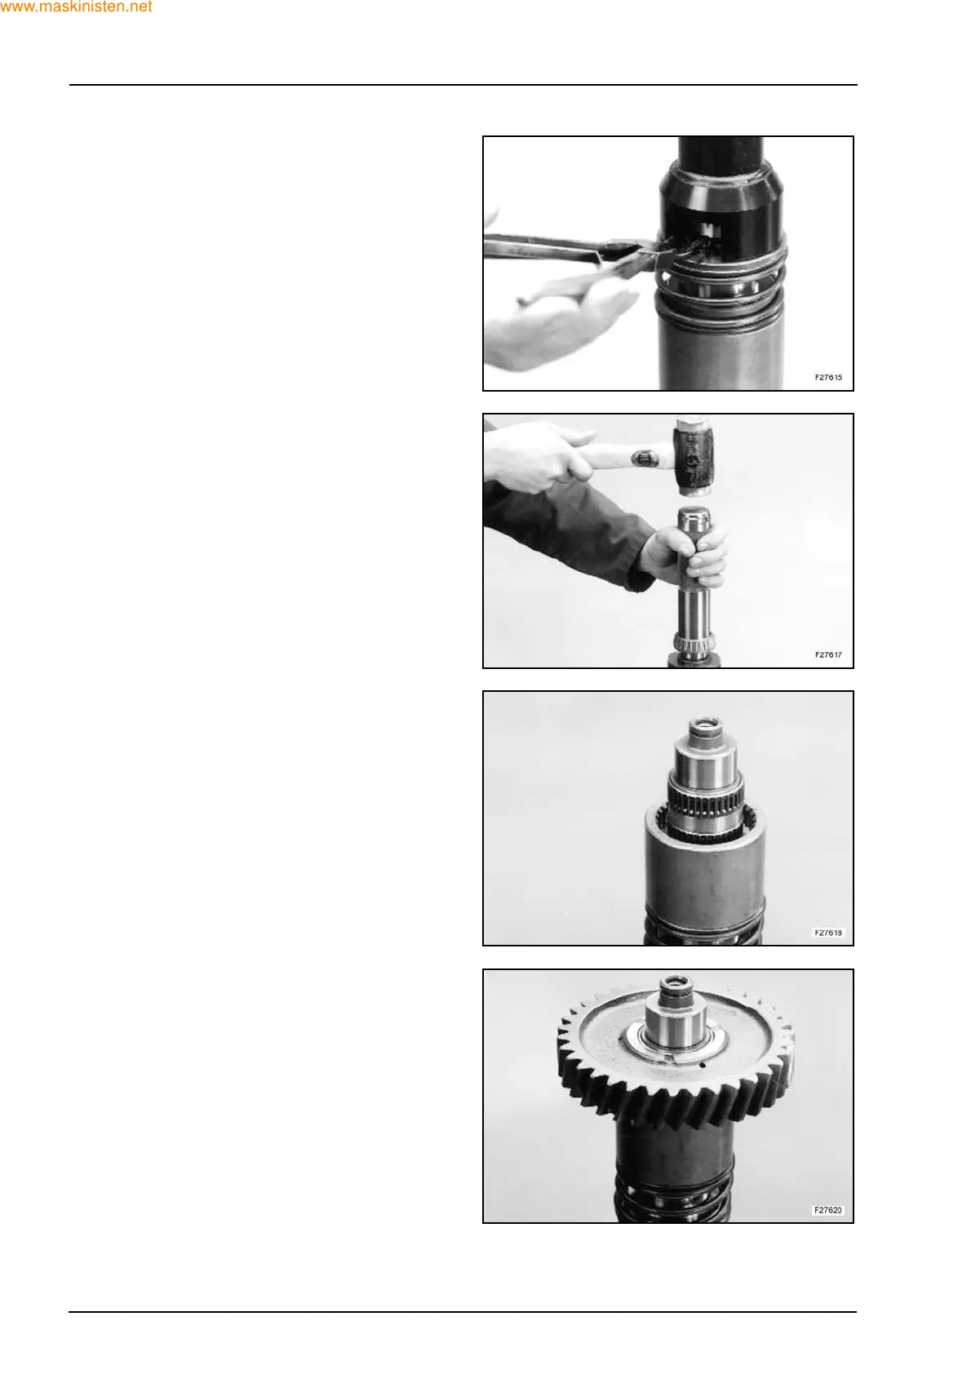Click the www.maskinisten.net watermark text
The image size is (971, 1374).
76,7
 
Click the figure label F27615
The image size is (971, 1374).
828,377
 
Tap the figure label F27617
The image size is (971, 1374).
828,654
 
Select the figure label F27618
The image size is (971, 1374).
828,933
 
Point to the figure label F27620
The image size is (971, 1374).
828,1210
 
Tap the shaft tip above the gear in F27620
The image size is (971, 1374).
676,989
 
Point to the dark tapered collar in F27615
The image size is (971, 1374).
723,206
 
